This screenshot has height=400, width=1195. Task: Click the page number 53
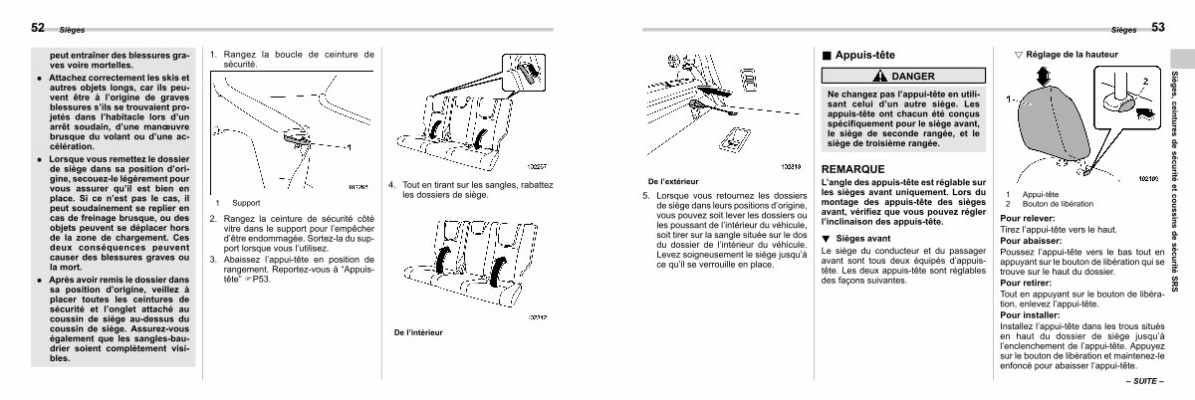click(1158, 28)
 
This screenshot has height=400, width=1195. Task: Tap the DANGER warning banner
click(903, 77)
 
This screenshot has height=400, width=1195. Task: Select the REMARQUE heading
click(853, 169)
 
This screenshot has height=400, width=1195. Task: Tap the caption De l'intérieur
click(419, 331)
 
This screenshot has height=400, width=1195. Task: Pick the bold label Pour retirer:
click(1026, 283)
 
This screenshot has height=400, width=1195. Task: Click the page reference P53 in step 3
click(263, 280)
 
